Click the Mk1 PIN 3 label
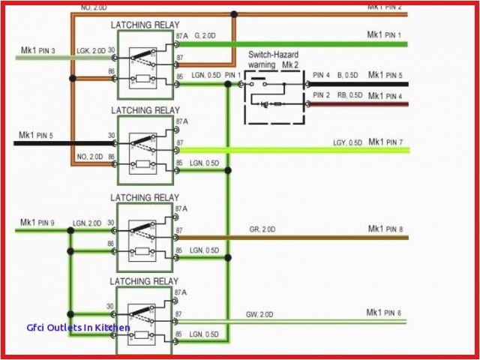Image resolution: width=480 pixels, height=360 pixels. [x=37, y=50]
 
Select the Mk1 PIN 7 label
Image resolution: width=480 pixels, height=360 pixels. [x=385, y=142]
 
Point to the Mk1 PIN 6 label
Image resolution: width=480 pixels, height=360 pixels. [x=384, y=312]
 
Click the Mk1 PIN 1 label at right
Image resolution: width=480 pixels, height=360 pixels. [x=384, y=35]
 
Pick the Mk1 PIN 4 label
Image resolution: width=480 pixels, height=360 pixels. [x=385, y=96]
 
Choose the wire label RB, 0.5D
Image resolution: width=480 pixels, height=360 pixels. [x=349, y=95]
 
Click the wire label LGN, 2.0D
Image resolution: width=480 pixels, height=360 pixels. [x=88, y=223]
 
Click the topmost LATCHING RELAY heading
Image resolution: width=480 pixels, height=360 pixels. [x=145, y=25]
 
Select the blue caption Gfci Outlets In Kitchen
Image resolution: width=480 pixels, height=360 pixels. [x=77, y=328]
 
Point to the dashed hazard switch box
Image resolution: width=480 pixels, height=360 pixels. [x=274, y=97]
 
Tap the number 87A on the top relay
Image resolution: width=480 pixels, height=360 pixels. [x=182, y=35]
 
